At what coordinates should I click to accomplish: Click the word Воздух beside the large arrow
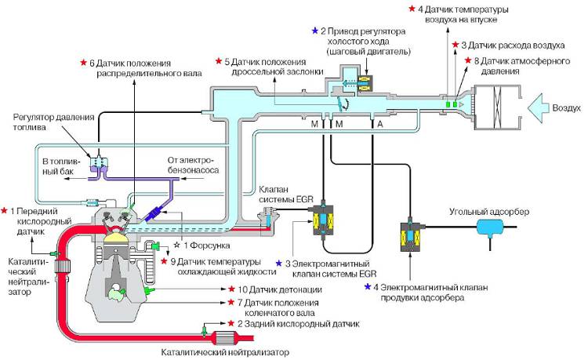[566, 107]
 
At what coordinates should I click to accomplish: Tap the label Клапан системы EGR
[286, 195]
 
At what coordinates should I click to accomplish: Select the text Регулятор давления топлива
[46, 123]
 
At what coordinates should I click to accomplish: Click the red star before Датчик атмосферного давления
[467, 60]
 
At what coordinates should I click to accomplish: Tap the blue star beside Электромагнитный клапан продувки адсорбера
[368, 287]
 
